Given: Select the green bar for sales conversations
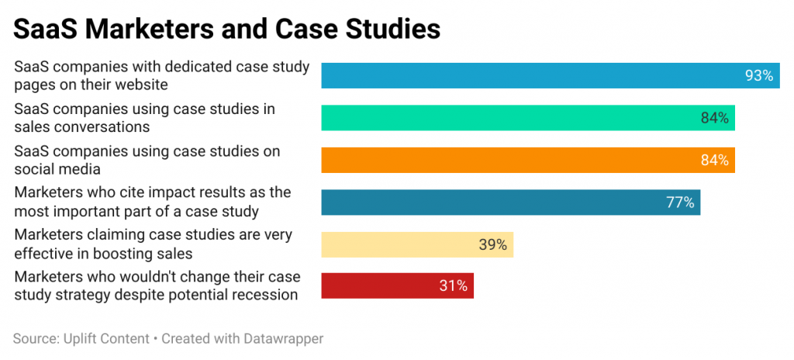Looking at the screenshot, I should pos(527,118).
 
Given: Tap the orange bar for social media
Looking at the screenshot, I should pos(527,160).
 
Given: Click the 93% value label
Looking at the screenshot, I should pos(759,75).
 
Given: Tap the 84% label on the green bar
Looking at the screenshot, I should pos(714,118).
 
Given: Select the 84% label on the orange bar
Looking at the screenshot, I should pos(714,160).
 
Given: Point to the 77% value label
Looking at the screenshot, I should pos(680,202).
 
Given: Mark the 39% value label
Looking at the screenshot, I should pos(492,244).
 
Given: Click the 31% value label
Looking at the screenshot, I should pos(453,286).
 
